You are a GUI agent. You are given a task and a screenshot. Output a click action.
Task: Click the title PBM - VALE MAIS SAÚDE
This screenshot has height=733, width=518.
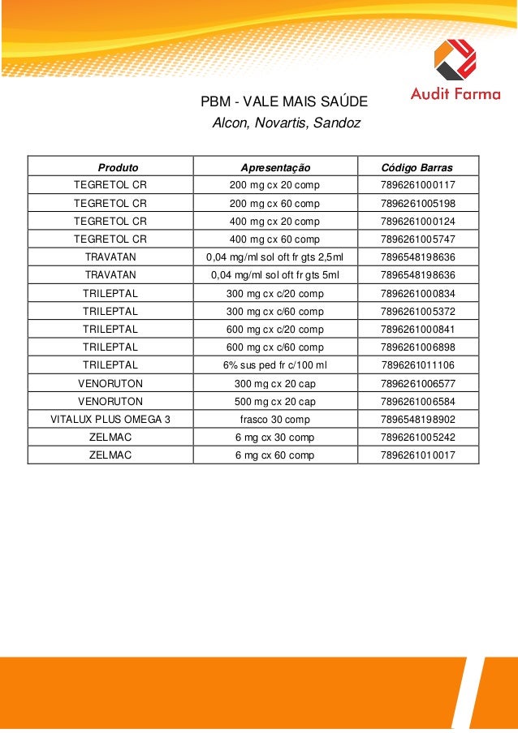click(284, 103)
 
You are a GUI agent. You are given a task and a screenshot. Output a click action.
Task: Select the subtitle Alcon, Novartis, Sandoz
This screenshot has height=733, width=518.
click(285, 124)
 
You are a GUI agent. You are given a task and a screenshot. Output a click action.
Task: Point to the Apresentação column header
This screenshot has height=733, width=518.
click(275, 167)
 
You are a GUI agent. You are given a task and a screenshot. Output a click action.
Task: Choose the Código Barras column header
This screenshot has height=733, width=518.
click(417, 167)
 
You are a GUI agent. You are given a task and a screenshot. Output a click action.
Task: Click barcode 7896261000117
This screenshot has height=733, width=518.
click(417, 185)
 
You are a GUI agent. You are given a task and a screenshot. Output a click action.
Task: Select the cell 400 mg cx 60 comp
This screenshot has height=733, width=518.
click(274, 239)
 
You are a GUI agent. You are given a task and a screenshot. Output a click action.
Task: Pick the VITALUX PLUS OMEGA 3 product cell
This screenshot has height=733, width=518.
click(110, 420)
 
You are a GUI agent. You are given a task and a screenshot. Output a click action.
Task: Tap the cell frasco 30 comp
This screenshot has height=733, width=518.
click(274, 420)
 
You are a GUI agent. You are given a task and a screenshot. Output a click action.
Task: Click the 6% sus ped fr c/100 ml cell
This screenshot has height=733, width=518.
click(274, 365)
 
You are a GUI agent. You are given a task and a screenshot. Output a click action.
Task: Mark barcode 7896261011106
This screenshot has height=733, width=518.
click(417, 365)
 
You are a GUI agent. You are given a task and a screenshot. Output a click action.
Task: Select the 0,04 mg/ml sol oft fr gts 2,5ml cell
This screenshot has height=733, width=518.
click(274, 257)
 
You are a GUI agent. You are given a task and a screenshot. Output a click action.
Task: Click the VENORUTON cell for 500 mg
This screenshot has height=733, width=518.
click(110, 402)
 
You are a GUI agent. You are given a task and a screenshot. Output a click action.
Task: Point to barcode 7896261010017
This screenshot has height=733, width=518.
click(417, 455)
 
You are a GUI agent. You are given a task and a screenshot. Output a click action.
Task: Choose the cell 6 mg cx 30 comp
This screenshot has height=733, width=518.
click(274, 438)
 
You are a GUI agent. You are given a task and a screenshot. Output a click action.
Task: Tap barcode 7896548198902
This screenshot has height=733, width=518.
click(417, 420)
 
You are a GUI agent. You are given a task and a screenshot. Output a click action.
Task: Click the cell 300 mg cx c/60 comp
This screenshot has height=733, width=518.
click(274, 312)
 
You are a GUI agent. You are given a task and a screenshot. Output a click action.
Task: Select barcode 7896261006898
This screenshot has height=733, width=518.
click(417, 347)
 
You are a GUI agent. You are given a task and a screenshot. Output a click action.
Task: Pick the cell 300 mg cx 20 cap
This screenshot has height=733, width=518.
click(274, 384)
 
